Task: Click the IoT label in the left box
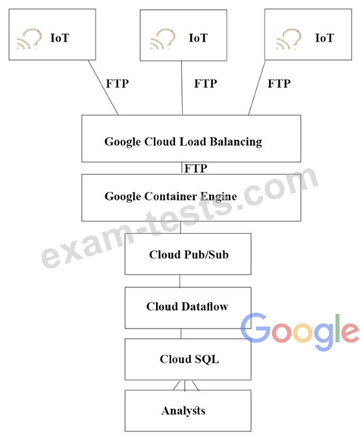(x=60, y=38)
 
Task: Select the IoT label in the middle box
(x=198, y=38)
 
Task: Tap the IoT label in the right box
(x=324, y=38)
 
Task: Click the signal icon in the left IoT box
(x=29, y=39)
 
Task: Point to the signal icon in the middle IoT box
(x=163, y=39)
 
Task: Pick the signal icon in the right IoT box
(x=289, y=39)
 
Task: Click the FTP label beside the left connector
(x=117, y=83)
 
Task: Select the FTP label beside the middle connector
(x=205, y=83)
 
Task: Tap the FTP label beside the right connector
(x=279, y=83)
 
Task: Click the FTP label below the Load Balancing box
(x=196, y=168)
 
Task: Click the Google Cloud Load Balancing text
(x=183, y=142)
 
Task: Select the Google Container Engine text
(x=171, y=197)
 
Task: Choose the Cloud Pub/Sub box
(x=188, y=254)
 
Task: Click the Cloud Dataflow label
(x=187, y=307)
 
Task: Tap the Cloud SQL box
(x=188, y=359)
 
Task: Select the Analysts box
(x=188, y=411)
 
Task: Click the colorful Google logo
(x=300, y=331)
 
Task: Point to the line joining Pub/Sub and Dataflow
(x=180, y=281)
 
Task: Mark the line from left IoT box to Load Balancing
(x=103, y=88)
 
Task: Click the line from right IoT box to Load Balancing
(x=257, y=88)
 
